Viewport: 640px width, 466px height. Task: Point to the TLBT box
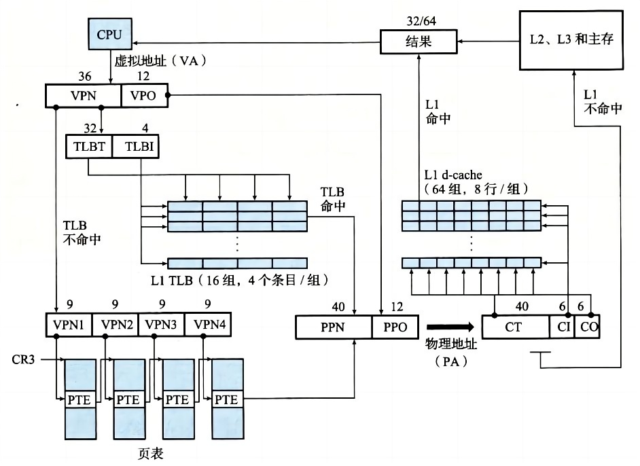(x=88, y=147)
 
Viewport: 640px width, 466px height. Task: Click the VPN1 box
(x=68, y=325)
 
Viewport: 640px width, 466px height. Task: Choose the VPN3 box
(x=160, y=325)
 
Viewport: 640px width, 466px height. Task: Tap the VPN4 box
(x=207, y=325)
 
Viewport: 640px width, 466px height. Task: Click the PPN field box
(x=334, y=327)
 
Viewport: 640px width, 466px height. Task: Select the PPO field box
(x=395, y=327)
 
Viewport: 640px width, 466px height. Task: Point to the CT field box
(x=514, y=327)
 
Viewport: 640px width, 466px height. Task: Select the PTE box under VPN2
(x=128, y=399)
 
